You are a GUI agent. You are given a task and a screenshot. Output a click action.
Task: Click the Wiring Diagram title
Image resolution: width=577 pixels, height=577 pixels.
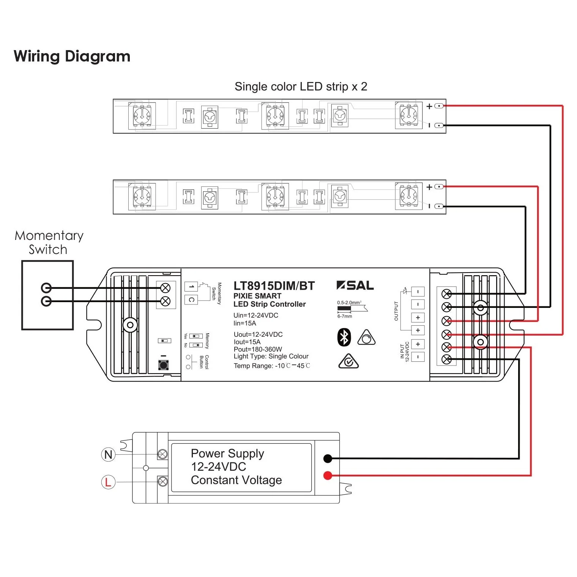(x=72, y=56)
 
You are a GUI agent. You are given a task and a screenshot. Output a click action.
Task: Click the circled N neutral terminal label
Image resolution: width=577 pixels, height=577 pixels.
(x=108, y=454)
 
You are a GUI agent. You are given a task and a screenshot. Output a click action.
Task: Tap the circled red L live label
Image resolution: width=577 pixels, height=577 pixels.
(x=108, y=482)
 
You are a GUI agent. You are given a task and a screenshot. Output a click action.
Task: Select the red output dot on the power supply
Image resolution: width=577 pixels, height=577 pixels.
(x=328, y=475)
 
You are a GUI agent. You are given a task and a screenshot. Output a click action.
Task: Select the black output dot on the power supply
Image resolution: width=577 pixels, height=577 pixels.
(x=328, y=459)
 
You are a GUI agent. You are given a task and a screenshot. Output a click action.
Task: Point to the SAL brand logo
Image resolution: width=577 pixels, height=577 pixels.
(x=355, y=285)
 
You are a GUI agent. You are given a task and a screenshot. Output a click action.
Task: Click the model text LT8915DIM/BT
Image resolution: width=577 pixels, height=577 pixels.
(x=274, y=286)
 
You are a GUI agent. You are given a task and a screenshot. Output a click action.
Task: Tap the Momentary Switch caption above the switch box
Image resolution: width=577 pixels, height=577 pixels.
(x=49, y=243)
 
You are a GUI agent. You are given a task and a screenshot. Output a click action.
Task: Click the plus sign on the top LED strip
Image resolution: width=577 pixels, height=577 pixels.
(x=429, y=106)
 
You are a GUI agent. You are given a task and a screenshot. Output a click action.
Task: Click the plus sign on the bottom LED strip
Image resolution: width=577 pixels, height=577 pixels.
(x=429, y=187)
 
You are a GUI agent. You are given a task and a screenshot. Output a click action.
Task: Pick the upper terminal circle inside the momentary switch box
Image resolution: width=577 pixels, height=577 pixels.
(x=46, y=288)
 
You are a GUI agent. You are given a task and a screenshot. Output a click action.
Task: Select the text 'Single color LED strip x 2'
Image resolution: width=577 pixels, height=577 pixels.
(x=301, y=87)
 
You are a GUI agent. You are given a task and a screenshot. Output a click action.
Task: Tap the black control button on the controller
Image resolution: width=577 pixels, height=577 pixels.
(x=164, y=365)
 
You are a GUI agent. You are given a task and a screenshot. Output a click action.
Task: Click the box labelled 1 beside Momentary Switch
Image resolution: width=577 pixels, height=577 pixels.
(x=191, y=286)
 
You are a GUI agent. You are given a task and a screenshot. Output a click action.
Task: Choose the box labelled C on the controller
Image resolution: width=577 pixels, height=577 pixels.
(x=191, y=300)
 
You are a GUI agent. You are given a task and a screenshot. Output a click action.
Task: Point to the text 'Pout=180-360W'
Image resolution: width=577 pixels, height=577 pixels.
(x=258, y=349)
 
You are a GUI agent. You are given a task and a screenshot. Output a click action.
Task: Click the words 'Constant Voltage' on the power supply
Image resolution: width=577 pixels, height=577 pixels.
(x=236, y=480)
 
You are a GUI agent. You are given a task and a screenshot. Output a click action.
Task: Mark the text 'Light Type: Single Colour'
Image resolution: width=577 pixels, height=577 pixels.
(x=271, y=356)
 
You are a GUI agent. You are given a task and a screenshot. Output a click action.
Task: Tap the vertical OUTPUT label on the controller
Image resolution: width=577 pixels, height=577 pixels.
(x=396, y=311)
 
